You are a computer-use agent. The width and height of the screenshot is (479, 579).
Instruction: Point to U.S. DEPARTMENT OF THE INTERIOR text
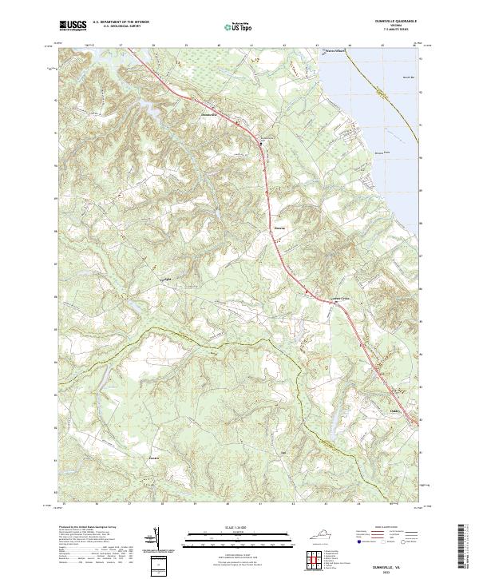coord(121,22)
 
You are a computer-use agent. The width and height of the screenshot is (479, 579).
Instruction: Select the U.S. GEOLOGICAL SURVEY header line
coord(121,26)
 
